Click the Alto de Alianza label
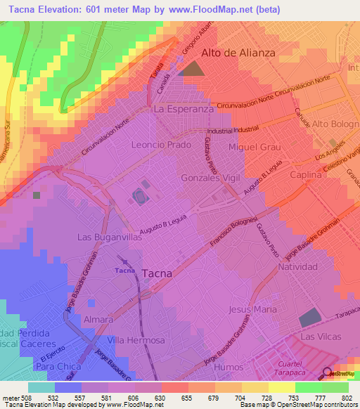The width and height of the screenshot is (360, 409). (x=237, y=53)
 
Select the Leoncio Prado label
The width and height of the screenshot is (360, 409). (x=158, y=145)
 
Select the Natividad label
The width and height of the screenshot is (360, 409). (x=298, y=267)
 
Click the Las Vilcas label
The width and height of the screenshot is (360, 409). (x=319, y=337)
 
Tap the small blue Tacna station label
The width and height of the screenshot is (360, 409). (x=124, y=270)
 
